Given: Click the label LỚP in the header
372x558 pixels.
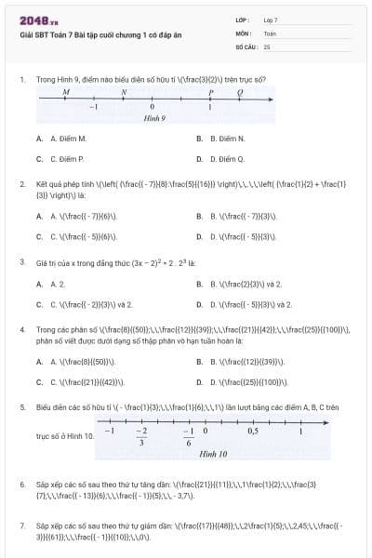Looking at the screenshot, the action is coord(243,19).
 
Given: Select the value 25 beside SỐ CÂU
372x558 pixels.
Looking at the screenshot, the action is coord(267,46).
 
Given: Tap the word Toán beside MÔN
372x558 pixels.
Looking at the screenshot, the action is coord(270,32).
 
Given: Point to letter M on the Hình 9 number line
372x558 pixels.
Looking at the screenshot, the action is coord(66,93).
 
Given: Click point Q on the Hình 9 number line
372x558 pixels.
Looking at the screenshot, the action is coord(241,93).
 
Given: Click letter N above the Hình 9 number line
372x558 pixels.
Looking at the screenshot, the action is coord(124,93).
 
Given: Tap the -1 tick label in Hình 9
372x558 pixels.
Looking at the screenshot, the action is coord(93,109).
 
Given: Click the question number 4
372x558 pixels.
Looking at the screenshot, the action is coord(21,329).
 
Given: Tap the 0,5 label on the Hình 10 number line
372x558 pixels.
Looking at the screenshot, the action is coord(253,431).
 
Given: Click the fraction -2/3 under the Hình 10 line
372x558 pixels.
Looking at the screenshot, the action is coord(141,436).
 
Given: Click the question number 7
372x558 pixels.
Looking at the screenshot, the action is coord(21,525).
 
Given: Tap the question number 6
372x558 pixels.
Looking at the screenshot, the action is coord(21,485).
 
